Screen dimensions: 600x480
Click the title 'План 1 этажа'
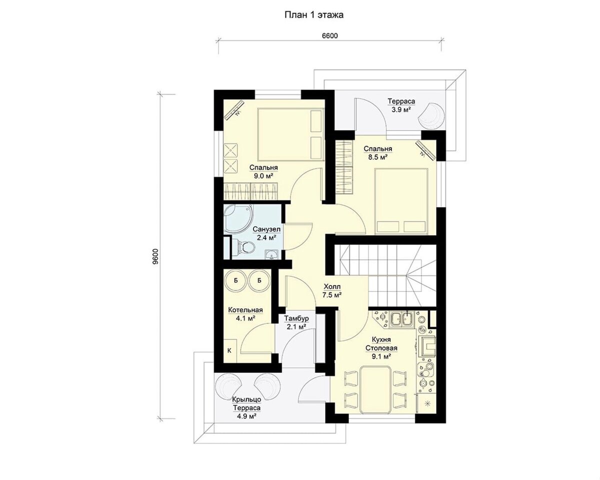(313, 15)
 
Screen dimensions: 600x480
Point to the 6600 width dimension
(330, 36)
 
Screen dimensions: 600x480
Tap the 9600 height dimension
(155, 256)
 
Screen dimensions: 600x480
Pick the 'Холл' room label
(332, 286)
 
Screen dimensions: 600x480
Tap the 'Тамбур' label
(296, 318)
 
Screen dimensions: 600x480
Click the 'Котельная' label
(245, 310)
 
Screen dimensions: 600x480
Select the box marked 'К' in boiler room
(229, 350)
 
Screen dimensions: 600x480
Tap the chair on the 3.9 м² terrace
(432, 115)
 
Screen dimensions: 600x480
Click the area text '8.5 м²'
(378, 157)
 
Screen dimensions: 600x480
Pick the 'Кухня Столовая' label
(381, 343)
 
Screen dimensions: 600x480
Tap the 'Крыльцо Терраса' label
(246, 403)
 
